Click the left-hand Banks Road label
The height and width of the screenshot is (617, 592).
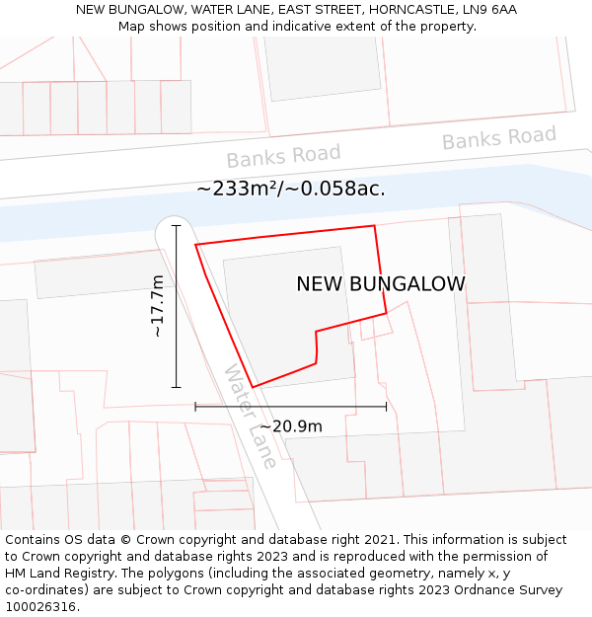283,155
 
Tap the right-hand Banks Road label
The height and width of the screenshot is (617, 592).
498,138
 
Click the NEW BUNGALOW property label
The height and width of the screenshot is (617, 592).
381,284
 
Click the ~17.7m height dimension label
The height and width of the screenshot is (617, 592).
158,306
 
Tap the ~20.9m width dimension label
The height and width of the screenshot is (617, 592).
290,426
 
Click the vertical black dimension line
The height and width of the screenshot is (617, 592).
177,306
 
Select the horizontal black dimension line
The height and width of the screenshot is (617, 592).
290,406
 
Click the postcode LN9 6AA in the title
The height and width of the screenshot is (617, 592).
489,10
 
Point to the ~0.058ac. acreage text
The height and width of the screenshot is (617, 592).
338,189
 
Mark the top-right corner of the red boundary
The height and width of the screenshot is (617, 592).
375,226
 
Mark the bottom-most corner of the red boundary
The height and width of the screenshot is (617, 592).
253,387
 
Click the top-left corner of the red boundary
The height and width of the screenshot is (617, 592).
195,244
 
